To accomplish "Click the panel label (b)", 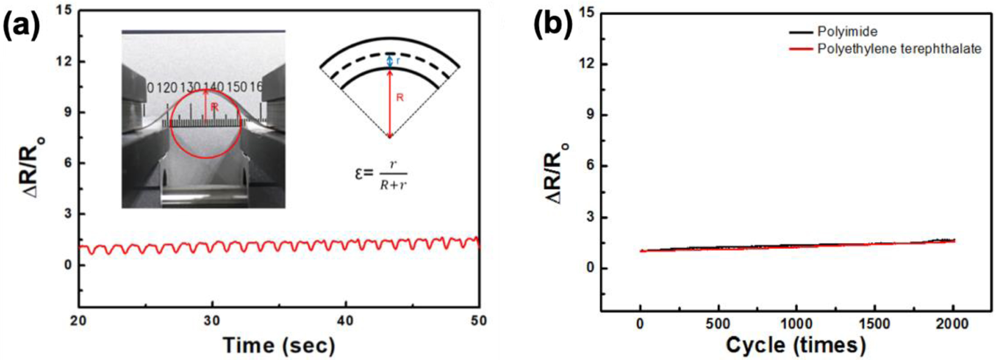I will tap(553, 26).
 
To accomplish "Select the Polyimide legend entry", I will tap(847, 32).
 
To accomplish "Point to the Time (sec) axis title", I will tap(279, 345).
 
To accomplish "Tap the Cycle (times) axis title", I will tap(796, 345).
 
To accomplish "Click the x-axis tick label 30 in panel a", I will tap(212, 321).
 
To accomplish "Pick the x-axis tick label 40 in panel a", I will tap(345, 321).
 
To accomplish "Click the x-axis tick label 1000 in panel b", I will tap(796, 324).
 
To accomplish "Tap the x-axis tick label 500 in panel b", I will tap(718, 324).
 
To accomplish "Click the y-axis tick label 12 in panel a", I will tap(66, 62).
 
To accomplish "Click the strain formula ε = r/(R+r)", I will tap(381, 174).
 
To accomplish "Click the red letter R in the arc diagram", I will tap(400, 98).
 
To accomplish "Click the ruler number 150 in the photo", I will tap(237, 87).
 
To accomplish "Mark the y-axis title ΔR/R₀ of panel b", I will tap(560, 173).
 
